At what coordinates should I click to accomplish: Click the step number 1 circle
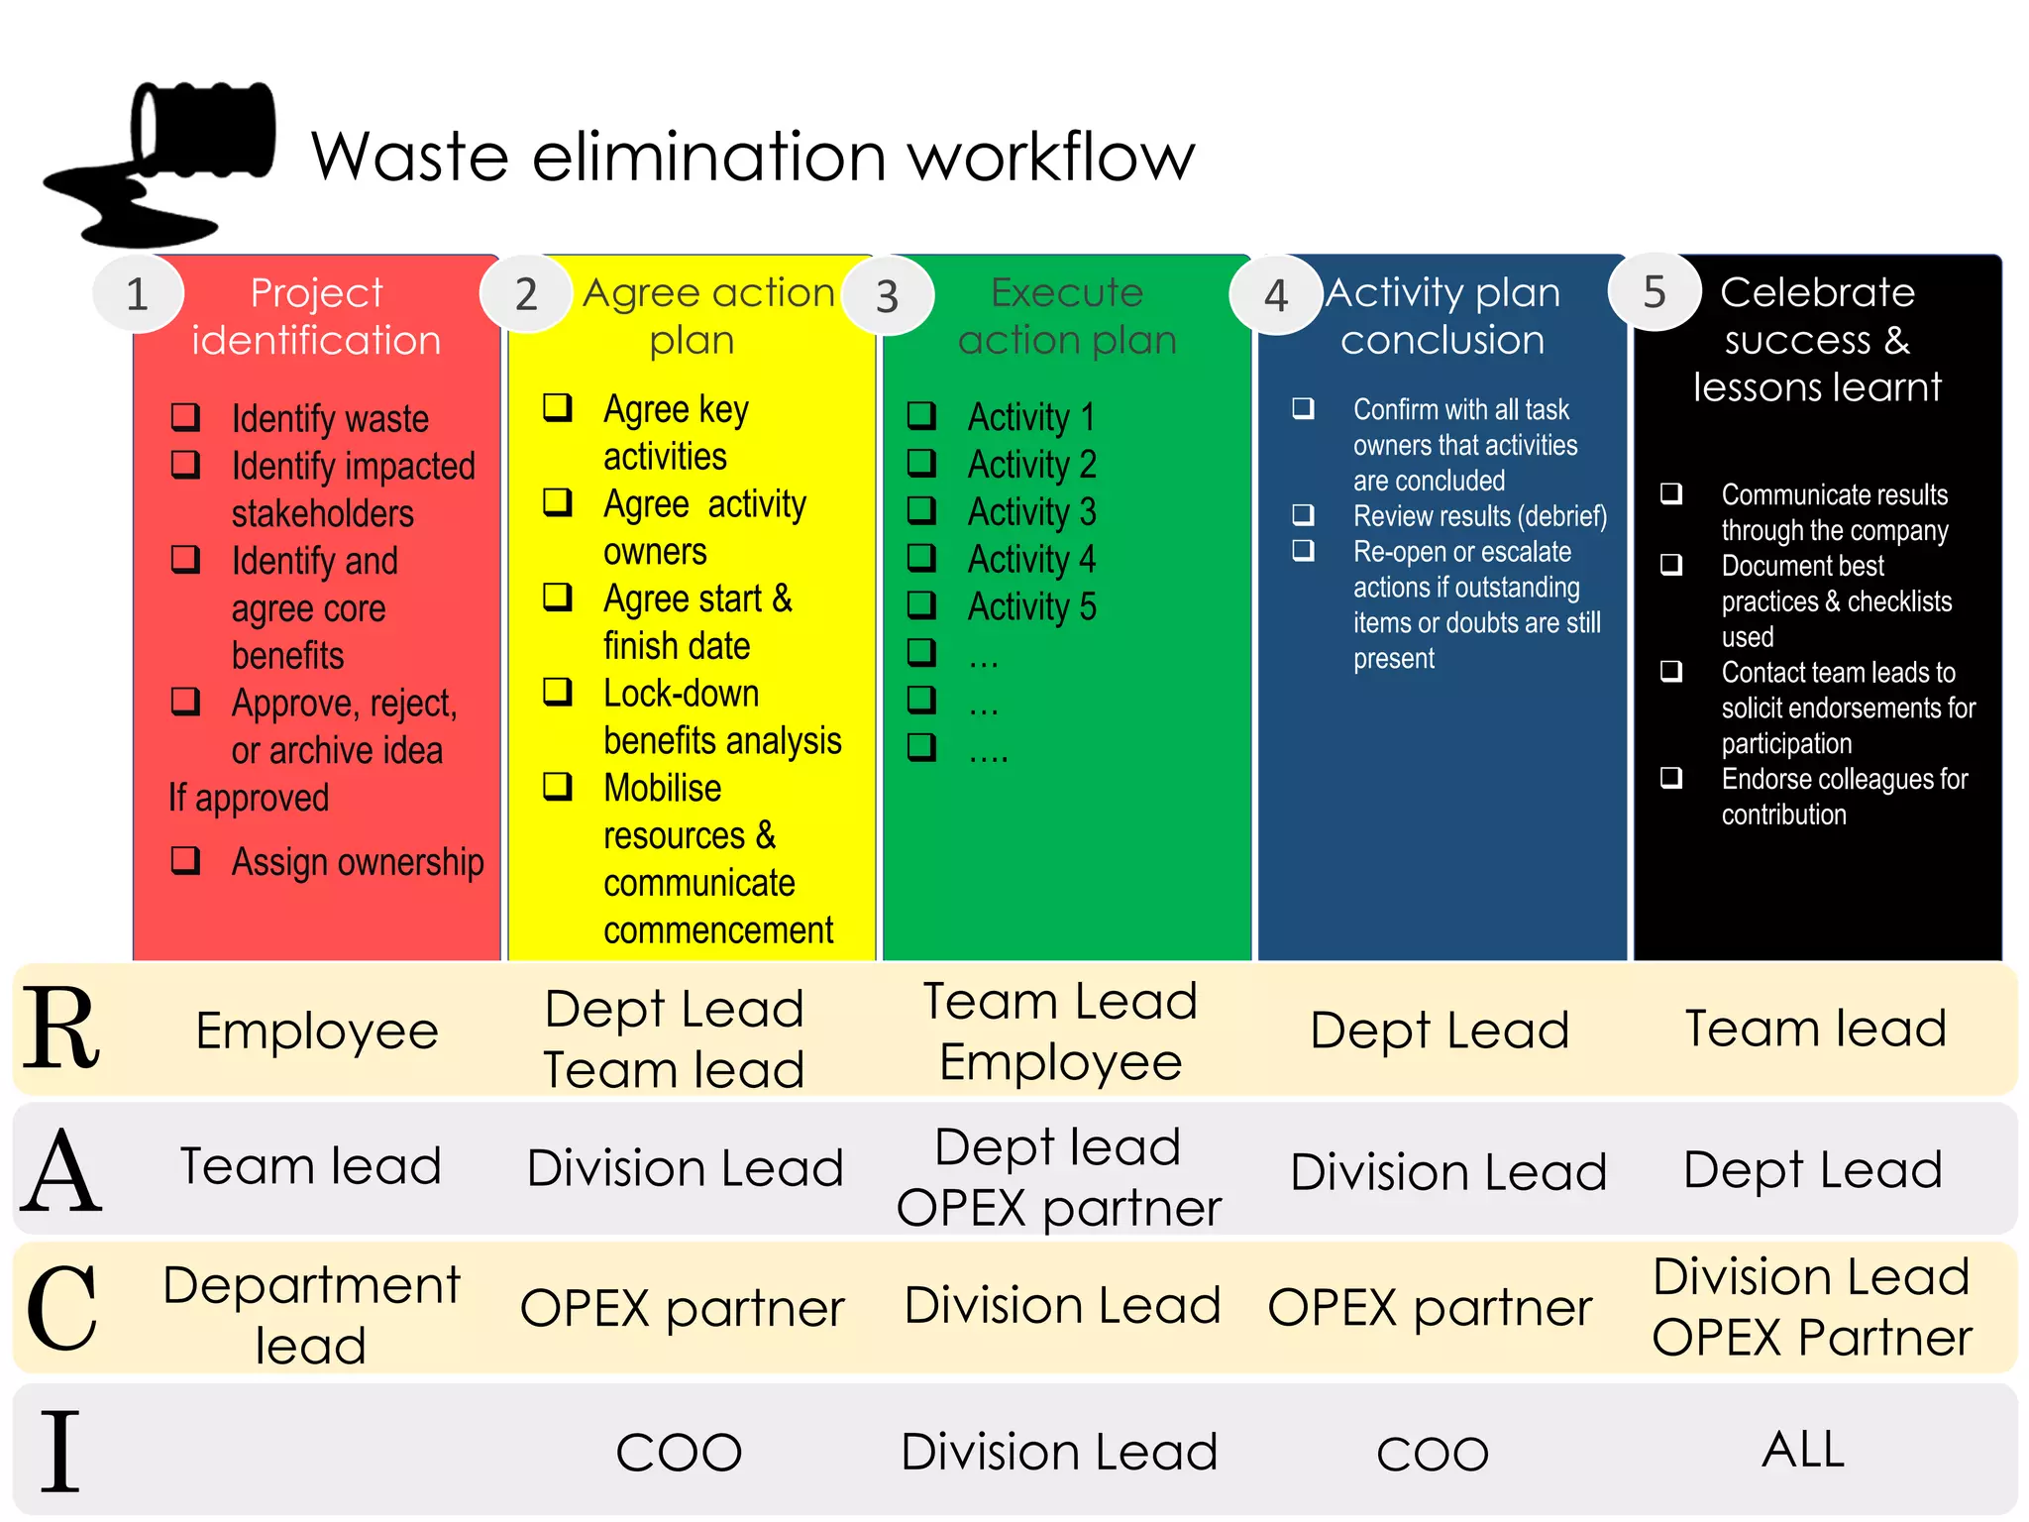pyautogui.click(x=138, y=293)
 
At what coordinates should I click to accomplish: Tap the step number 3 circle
pyautogui.click(x=887, y=295)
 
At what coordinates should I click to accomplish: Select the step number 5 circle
pyautogui.click(x=1655, y=291)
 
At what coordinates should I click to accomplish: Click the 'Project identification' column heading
pyautogui.click(x=316, y=316)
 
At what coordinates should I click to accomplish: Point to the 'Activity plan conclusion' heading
pyautogui.click(x=1442, y=316)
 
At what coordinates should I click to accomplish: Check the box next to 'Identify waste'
pyautogui.click(x=186, y=417)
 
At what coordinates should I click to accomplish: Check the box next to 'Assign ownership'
pyautogui.click(x=186, y=860)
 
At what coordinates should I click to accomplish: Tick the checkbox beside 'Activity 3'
pyautogui.click(x=921, y=510)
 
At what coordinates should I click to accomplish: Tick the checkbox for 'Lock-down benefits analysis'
pyautogui.click(x=558, y=692)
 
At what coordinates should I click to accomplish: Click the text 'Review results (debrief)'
pyautogui.click(x=1480, y=516)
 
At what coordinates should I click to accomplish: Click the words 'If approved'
pyautogui.click(x=249, y=798)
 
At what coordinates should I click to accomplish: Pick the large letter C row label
pyautogui.click(x=61, y=1309)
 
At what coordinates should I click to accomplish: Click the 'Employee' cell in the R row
pyautogui.click(x=317, y=1031)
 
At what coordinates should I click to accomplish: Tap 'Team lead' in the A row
pyautogui.click(x=310, y=1166)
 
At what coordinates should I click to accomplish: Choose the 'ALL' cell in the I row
pyautogui.click(x=1803, y=1450)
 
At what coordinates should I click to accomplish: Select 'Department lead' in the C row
pyautogui.click(x=311, y=1315)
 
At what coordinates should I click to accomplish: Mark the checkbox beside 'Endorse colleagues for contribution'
pyautogui.click(x=1671, y=778)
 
